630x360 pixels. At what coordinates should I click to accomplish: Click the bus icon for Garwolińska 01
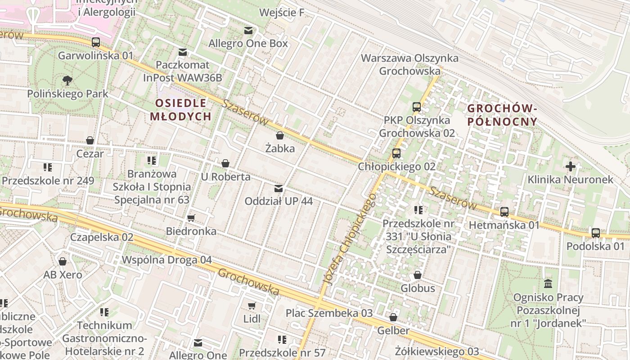tap(95, 42)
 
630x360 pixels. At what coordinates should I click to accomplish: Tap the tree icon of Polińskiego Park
tap(67, 81)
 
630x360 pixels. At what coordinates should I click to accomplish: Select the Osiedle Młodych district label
tap(180, 110)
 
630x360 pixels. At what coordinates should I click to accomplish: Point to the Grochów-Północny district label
tap(502, 115)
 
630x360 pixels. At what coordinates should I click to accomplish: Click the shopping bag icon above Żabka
tap(280, 135)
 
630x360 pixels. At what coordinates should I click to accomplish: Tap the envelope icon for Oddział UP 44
tap(279, 188)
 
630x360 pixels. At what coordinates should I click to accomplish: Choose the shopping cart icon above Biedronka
tap(191, 218)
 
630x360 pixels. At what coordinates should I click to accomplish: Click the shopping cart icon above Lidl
tap(252, 306)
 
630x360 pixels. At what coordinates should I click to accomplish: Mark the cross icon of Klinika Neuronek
tap(570, 166)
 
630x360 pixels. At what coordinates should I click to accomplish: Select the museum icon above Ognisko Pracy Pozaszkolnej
tap(548, 283)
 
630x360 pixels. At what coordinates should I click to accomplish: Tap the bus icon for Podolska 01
tap(596, 233)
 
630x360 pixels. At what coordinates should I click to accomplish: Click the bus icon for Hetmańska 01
tap(504, 211)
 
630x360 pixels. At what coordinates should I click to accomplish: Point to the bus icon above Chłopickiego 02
tap(396, 153)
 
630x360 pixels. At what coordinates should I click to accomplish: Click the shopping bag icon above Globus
tap(418, 274)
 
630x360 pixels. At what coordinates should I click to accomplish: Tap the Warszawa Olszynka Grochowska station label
tap(409, 64)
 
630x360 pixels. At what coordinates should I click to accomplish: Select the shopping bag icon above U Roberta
tap(225, 163)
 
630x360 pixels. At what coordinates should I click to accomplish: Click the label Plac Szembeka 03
tap(329, 313)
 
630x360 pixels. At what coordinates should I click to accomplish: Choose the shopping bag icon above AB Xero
tap(63, 261)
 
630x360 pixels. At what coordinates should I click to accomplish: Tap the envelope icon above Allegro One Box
tap(248, 30)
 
